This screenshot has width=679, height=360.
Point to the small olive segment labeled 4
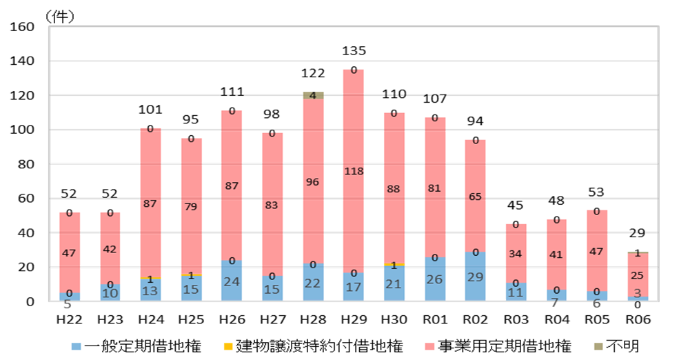tap(313, 95)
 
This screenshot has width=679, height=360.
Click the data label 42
tap(110, 250)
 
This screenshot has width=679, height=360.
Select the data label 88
tap(394, 189)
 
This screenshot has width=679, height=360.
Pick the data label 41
tap(556, 254)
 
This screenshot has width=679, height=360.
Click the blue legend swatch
tap(76, 346)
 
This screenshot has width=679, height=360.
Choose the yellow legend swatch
tap(228, 346)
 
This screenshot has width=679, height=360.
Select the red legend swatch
tap(429, 346)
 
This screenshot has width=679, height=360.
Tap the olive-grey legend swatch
tap(598, 346)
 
